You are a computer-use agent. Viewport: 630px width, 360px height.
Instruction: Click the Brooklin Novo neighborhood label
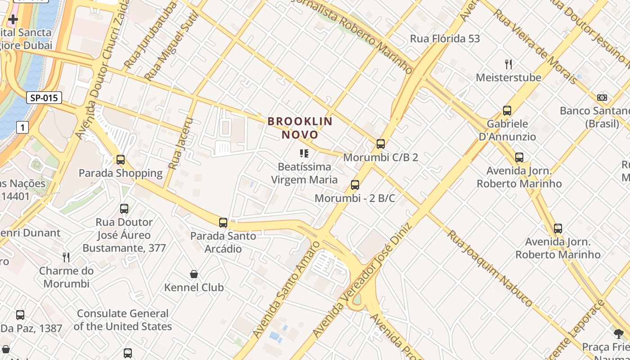[300, 128]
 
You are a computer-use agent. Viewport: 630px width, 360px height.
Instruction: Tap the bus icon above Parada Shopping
[121, 159]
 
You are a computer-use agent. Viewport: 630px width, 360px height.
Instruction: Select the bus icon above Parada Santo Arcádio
[223, 222]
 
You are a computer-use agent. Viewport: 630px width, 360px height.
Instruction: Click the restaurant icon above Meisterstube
[508, 64]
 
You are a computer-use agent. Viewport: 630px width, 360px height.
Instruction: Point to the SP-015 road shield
[44, 98]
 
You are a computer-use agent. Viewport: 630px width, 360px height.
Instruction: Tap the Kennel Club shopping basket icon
[194, 274]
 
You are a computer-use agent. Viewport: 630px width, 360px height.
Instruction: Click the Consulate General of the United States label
[123, 320]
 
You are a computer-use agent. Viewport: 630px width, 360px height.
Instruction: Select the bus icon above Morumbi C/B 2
[381, 144]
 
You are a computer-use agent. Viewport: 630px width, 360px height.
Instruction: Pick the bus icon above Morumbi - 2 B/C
[355, 184]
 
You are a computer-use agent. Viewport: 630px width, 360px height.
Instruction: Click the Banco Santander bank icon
[602, 98]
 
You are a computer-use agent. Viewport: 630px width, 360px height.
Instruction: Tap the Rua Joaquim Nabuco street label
[490, 268]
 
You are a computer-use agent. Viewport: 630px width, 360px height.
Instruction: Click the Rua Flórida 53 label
[445, 39]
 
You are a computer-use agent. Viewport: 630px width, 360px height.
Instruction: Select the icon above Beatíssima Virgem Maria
[304, 153]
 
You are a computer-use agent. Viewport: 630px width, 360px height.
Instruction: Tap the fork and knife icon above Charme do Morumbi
[66, 257]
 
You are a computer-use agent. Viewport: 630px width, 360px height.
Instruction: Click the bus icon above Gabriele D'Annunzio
[507, 110]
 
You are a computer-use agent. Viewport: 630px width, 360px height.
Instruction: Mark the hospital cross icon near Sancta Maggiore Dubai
[13, 19]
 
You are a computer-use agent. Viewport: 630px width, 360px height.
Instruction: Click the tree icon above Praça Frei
[619, 333]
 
